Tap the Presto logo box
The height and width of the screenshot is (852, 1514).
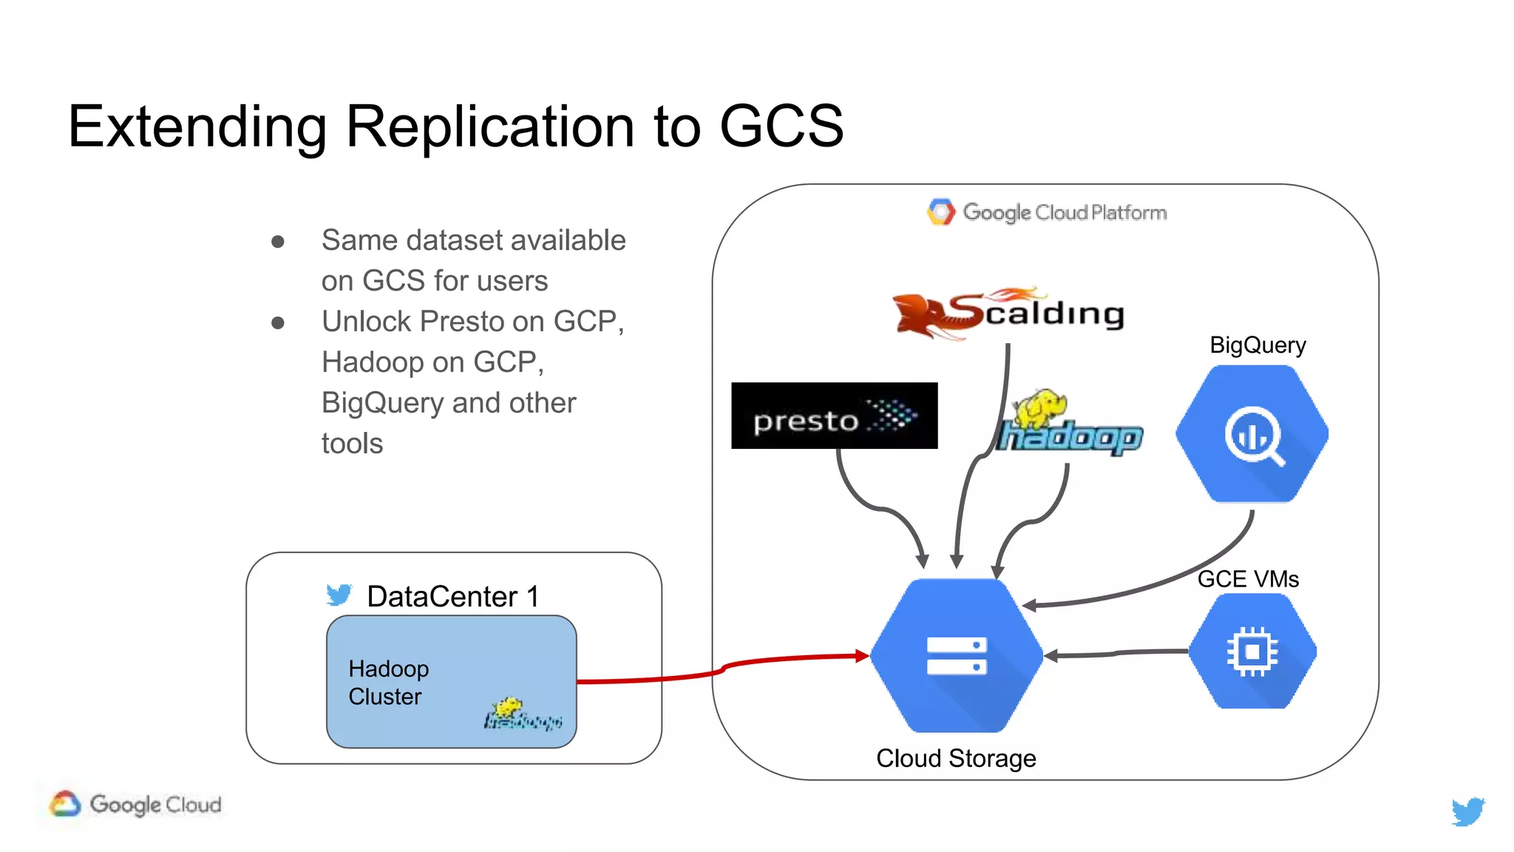834,416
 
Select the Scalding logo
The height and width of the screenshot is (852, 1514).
1008,314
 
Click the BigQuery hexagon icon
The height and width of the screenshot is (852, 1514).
1252,434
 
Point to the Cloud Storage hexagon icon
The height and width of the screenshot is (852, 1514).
956,655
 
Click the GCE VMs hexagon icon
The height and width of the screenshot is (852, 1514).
1252,652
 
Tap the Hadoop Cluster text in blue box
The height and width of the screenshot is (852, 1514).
387,682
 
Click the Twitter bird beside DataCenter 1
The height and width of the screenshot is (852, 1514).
339,595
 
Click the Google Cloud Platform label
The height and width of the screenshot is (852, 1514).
1047,212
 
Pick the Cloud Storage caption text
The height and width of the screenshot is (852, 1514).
955,758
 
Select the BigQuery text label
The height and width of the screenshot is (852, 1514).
1257,345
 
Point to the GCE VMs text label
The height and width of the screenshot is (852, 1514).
1247,578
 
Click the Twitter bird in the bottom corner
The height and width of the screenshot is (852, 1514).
1467,811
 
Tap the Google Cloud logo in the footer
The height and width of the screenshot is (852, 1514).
136,804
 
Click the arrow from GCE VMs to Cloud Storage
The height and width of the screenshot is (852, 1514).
1116,654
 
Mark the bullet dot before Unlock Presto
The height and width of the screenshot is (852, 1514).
278,322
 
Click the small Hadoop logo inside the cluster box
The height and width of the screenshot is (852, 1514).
522,714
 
